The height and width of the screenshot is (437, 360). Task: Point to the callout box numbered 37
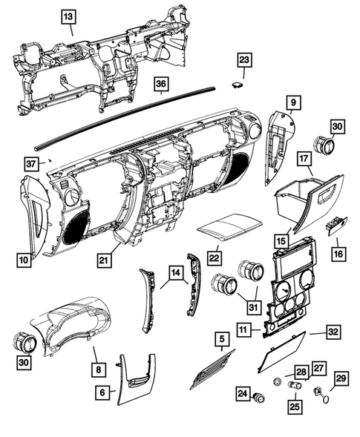[32, 163]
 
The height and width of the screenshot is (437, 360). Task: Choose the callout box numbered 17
[304, 159]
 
